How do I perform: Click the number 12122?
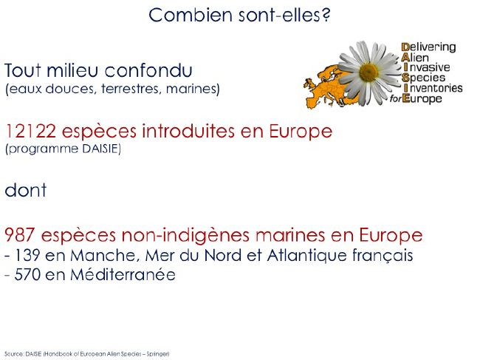point(30,131)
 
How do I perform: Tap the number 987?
point(20,235)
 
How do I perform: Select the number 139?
point(27,255)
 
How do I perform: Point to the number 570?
point(27,274)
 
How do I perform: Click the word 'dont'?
point(26,190)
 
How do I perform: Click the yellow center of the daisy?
point(368,72)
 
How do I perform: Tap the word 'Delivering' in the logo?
point(428,47)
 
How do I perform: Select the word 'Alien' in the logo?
point(415,58)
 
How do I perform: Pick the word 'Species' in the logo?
point(423,78)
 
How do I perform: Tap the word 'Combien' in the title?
point(191,15)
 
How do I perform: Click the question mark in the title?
point(326,15)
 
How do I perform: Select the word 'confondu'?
point(148,70)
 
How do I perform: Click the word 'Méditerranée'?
point(123,274)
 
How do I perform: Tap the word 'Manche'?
point(103,256)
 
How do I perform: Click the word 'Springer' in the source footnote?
point(157,354)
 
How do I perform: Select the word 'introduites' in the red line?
point(188,131)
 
